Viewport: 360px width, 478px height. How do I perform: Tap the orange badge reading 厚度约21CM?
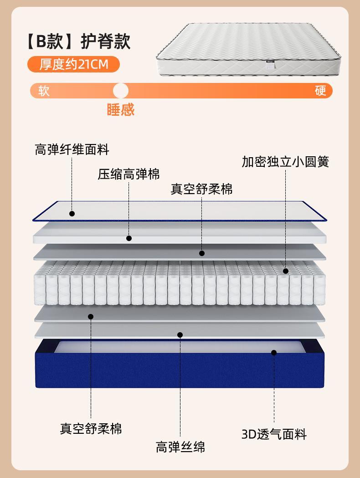click(x=73, y=64)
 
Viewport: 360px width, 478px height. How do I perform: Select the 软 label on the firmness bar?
click(x=44, y=91)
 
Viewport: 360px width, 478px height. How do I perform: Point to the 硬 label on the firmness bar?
click(x=320, y=91)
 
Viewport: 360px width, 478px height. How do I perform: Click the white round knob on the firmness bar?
click(x=121, y=91)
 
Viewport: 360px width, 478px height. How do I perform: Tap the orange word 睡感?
click(x=121, y=109)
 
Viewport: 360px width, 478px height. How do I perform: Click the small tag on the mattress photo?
click(x=270, y=63)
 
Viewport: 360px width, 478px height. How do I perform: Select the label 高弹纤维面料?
click(x=72, y=149)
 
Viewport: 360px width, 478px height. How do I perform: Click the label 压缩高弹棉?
click(x=129, y=174)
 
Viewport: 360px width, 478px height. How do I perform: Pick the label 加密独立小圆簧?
click(x=285, y=162)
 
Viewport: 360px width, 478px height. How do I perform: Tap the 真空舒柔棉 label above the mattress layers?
click(x=201, y=189)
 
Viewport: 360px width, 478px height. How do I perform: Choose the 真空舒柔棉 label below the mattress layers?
click(x=91, y=429)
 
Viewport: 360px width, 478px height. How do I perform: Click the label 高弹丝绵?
click(x=180, y=447)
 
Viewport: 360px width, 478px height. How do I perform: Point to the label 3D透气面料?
click(x=274, y=434)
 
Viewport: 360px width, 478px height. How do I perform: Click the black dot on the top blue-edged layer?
click(x=72, y=214)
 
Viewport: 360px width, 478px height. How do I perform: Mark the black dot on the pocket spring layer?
click(x=286, y=271)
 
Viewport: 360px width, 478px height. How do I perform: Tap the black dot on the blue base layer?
click(x=274, y=353)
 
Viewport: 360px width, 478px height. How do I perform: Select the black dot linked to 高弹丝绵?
click(x=180, y=335)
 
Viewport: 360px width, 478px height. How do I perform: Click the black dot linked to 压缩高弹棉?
click(x=129, y=238)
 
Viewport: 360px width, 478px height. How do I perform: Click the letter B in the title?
click(x=41, y=41)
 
